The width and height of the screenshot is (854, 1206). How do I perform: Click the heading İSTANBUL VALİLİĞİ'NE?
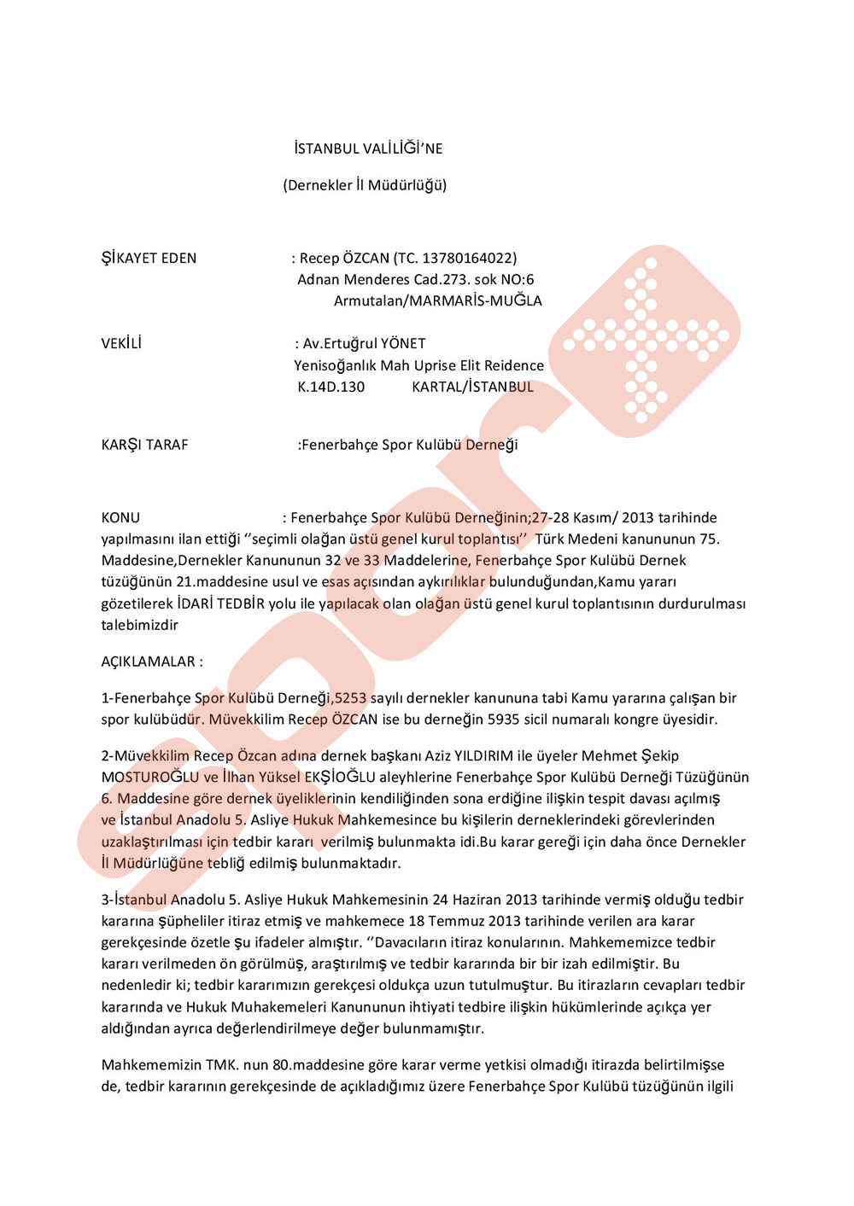(368, 149)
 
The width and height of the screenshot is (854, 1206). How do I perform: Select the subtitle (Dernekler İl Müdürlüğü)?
(365, 185)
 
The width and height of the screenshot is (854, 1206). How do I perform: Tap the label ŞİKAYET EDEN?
(149, 259)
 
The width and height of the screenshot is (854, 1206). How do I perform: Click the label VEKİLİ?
(121, 344)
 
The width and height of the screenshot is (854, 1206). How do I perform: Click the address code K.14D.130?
(330, 387)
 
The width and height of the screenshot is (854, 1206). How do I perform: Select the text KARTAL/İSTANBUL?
(472, 387)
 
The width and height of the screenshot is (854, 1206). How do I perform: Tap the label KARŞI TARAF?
(144, 446)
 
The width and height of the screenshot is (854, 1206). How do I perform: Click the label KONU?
(120, 518)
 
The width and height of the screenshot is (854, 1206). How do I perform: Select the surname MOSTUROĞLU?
(149, 778)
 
